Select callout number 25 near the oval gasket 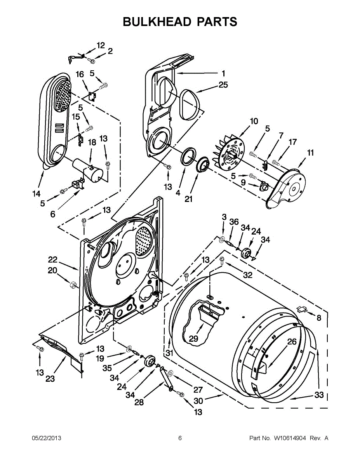(223, 85)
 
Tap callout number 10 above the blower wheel (254, 122)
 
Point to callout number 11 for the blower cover (310, 153)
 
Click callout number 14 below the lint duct (37, 194)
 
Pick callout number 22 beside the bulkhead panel (52, 260)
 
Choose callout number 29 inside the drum (193, 339)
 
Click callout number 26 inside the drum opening (292, 342)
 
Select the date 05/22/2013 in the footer (47, 438)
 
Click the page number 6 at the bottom (180, 438)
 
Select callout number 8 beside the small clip (319, 318)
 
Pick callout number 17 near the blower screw (293, 142)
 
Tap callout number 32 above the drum (248, 275)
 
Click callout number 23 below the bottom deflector (50, 379)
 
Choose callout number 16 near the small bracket (80, 75)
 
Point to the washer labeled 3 (222, 239)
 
